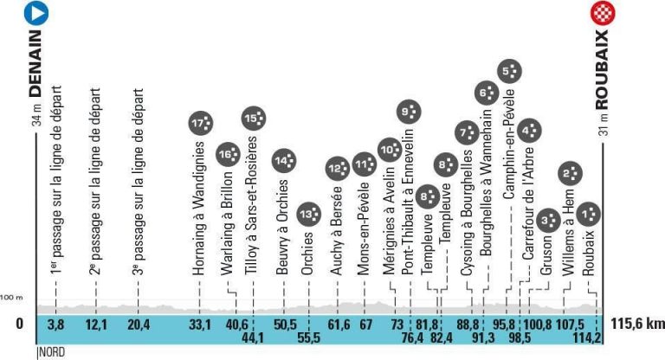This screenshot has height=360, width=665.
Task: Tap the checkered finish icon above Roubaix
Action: point(600,13)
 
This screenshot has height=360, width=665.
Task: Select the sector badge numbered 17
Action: point(201,124)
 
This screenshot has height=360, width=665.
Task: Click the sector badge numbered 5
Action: point(511,71)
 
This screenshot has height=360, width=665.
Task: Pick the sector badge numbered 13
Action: point(307,213)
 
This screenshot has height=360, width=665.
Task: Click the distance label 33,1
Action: point(200,325)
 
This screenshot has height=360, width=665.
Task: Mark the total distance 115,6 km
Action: point(637,325)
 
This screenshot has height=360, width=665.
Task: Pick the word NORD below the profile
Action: point(52,352)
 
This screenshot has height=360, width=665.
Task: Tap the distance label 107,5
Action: point(565,325)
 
